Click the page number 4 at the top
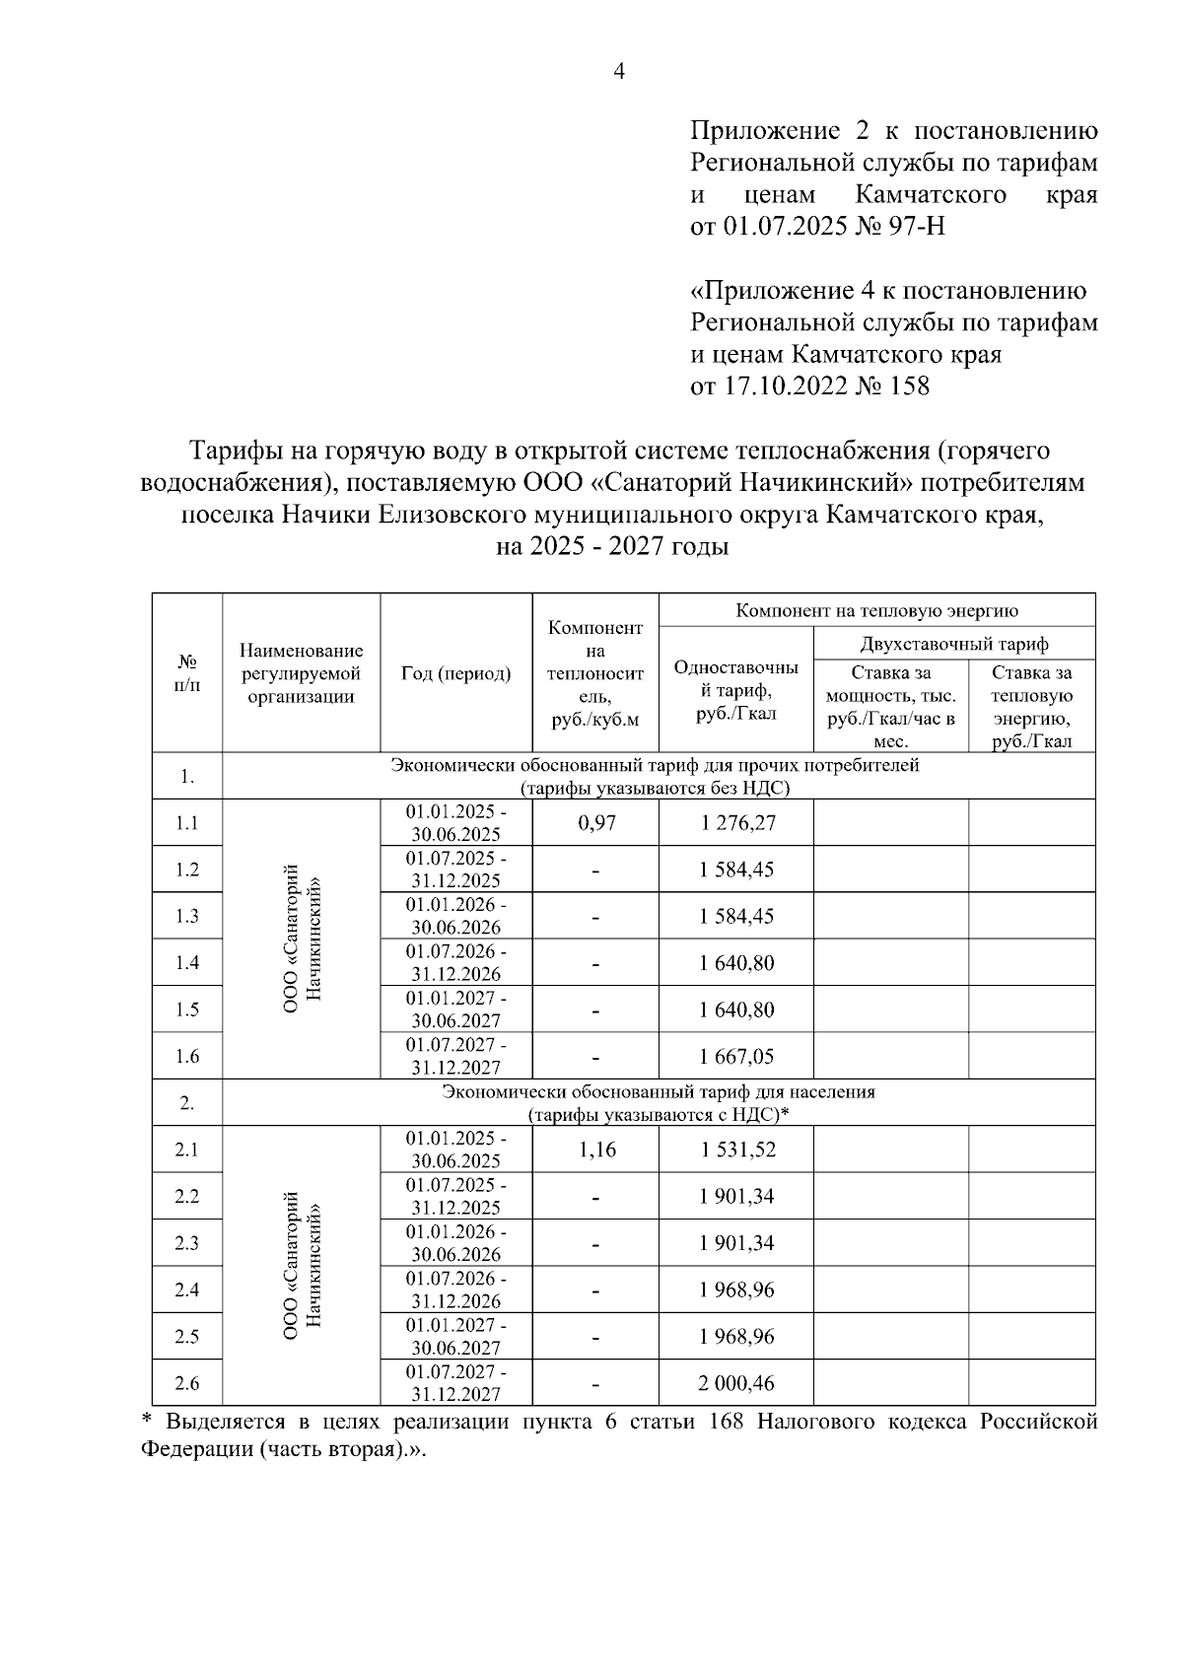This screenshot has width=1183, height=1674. (619, 72)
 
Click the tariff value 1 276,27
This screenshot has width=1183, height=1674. (737, 822)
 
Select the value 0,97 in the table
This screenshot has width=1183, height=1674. (595, 822)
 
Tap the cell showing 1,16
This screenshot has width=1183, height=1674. (595, 1150)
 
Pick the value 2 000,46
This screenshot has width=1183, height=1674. (736, 1383)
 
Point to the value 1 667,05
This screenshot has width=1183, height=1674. (736, 1056)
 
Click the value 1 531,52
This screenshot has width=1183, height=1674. (736, 1150)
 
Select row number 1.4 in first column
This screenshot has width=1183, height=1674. (187, 963)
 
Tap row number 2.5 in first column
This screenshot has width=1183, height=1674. (187, 1337)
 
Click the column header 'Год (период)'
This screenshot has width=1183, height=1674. (456, 674)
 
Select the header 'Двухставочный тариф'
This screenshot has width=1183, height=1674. (953, 644)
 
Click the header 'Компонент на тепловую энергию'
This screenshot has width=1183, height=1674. (876, 610)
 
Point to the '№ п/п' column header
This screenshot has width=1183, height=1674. (187, 674)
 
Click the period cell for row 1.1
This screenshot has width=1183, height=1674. (456, 822)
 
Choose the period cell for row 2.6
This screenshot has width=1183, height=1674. (456, 1383)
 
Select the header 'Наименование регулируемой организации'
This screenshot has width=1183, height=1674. (301, 674)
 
